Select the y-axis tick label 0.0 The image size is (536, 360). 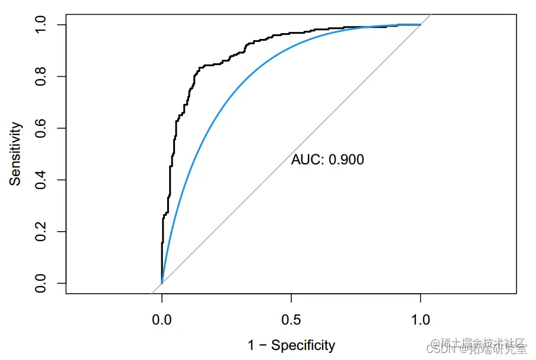(x=41, y=283)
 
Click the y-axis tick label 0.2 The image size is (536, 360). (x=41, y=232)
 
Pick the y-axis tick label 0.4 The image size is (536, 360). (x=41, y=180)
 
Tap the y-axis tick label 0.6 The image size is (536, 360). (x=41, y=128)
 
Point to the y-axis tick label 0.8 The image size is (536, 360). (x=41, y=76)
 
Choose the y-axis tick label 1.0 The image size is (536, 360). (x=41, y=25)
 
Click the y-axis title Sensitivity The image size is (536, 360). (x=15, y=154)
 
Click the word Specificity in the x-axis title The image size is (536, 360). (x=303, y=345)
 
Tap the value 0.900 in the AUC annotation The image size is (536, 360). (x=346, y=160)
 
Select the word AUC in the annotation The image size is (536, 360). (x=307, y=160)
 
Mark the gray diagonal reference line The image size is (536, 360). (x=355, y=89)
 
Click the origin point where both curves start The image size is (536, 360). (x=161, y=283)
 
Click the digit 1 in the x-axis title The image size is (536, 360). (x=251, y=345)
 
